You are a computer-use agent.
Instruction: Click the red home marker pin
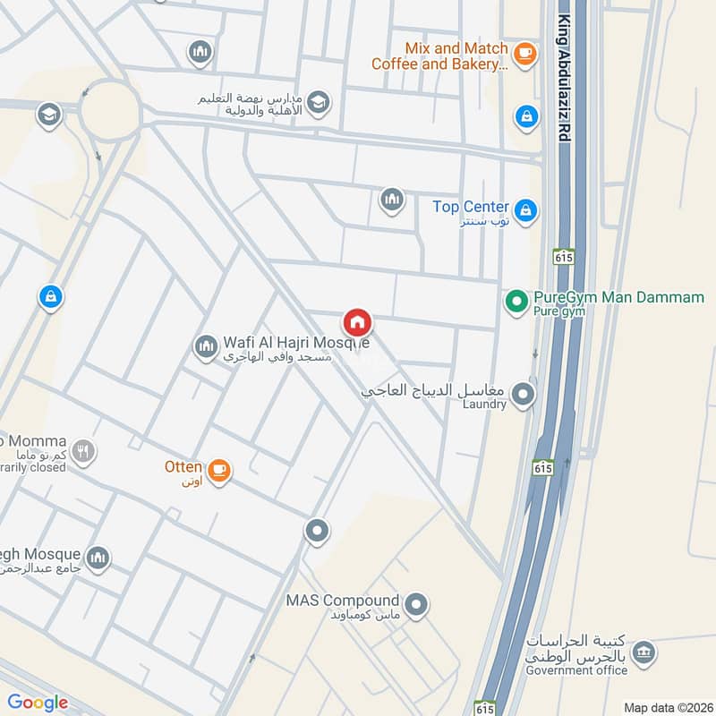[x=357, y=323]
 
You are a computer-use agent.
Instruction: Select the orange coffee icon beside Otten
[x=217, y=469]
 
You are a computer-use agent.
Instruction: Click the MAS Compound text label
[x=342, y=600]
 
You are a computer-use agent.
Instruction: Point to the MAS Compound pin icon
[x=415, y=607]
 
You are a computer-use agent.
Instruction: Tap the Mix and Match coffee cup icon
[x=525, y=55]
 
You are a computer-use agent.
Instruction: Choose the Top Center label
[x=471, y=207]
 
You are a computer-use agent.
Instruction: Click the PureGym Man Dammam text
[x=618, y=297]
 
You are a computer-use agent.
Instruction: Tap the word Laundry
[x=484, y=405]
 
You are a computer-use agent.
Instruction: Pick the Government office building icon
[x=642, y=656]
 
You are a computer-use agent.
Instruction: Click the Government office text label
[x=576, y=670]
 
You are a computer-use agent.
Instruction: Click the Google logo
[x=38, y=703]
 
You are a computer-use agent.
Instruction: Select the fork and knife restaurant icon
[x=83, y=451]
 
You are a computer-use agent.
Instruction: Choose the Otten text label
[x=183, y=465]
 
